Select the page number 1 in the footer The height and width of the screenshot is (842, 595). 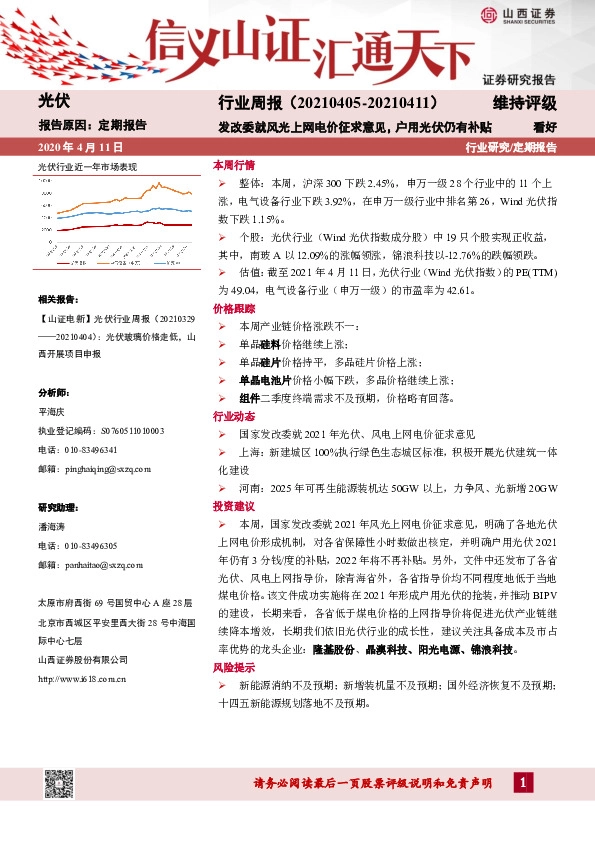pyautogui.click(x=520, y=783)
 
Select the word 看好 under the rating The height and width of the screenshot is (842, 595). pyautogui.click(x=545, y=127)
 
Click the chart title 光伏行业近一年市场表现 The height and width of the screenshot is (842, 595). pyautogui.click(x=87, y=166)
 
